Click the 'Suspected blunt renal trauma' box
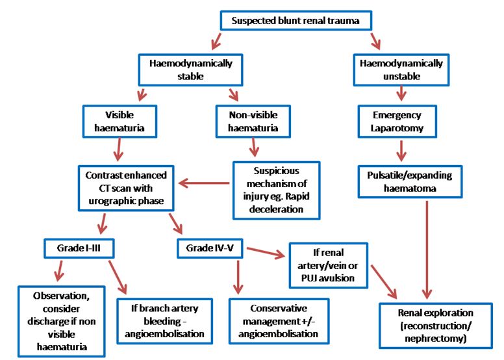click(296, 20)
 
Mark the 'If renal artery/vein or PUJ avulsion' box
click(328, 266)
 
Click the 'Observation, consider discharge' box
click(62, 321)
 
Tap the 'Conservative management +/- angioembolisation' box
click(279, 320)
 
